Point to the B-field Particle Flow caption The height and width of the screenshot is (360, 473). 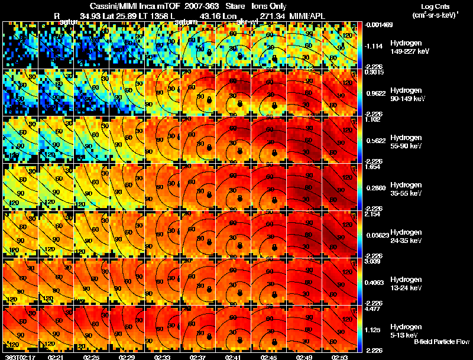tap(442, 342)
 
